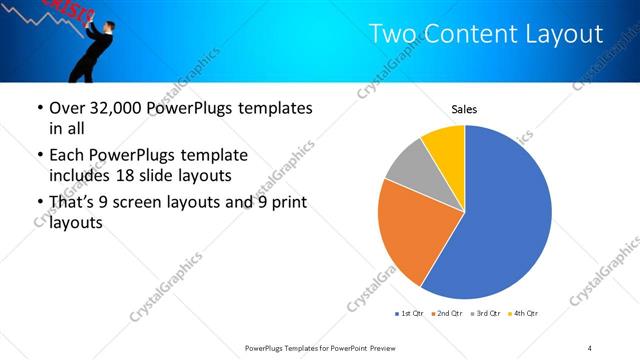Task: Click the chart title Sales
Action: [x=464, y=108]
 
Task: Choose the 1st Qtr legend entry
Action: [x=410, y=314]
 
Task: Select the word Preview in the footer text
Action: [x=378, y=347]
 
